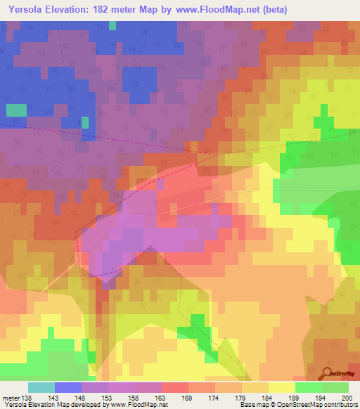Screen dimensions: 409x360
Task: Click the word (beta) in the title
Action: click(x=271, y=8)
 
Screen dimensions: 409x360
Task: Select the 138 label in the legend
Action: click(x=27, y=398)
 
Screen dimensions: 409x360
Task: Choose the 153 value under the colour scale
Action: click(x=108, y=398)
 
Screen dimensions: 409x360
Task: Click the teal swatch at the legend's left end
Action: click(x=41, y=387)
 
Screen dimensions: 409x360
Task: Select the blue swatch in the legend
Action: click(x=67, y=387)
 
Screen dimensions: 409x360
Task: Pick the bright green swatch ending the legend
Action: click(x=335, y=387)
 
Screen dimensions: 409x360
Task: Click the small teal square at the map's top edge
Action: click(x=112, y=26)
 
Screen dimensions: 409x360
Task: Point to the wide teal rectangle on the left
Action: click(x=16, y=110)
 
